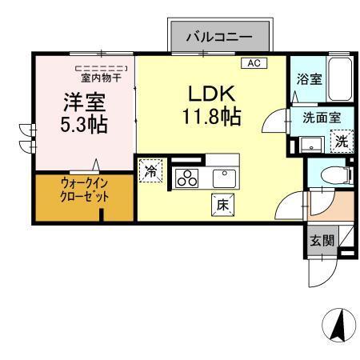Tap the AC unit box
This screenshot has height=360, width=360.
click(x=253, y=63)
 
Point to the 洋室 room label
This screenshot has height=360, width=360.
click(x=83, y=103)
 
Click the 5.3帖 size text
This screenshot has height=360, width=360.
click(x=83, y=126)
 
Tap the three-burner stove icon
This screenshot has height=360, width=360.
click(x=187, y=179)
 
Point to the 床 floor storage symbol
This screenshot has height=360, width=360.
click(x=224, y=204)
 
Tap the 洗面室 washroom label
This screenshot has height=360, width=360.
click(x=322, y=118)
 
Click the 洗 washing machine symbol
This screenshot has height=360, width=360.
click(x=341, y=142)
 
